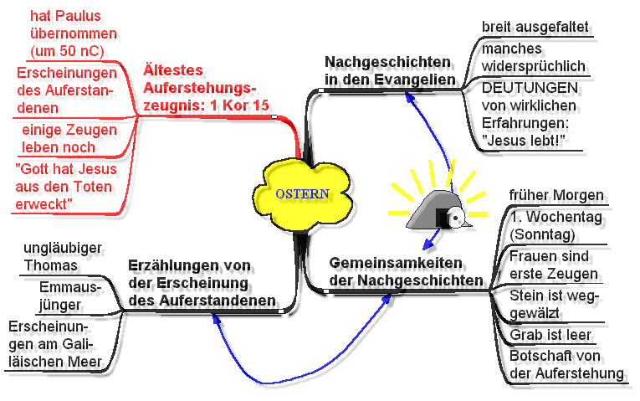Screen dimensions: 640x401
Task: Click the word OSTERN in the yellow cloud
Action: (303, 193)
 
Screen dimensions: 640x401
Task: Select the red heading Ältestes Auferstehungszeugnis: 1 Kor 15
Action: (206, 88)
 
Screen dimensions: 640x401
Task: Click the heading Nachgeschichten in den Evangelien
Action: (390, 70)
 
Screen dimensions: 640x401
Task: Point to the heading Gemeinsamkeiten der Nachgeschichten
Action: (406, 271)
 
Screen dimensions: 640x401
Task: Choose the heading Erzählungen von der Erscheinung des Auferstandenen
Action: (202, 283)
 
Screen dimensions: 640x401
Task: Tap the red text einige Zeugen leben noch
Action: (69, 138)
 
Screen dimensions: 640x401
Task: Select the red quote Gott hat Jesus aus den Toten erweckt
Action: (66, 186)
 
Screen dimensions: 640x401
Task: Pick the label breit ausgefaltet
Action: (535, 27)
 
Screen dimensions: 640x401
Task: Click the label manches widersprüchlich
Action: (534, 57)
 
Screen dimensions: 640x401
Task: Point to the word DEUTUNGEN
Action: (530, 88)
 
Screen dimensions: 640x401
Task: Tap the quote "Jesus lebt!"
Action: (523, 141)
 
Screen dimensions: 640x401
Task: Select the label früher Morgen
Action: (556, 195)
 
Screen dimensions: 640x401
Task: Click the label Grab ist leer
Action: (550, 335)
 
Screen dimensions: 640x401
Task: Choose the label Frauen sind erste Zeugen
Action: (554, 265)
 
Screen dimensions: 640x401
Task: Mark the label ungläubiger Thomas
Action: (63, 256)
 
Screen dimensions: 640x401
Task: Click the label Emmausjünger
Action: (69, 296)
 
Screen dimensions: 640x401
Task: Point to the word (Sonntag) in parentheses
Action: (542, 234)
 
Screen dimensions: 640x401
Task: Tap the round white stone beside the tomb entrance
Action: (455, 217)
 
